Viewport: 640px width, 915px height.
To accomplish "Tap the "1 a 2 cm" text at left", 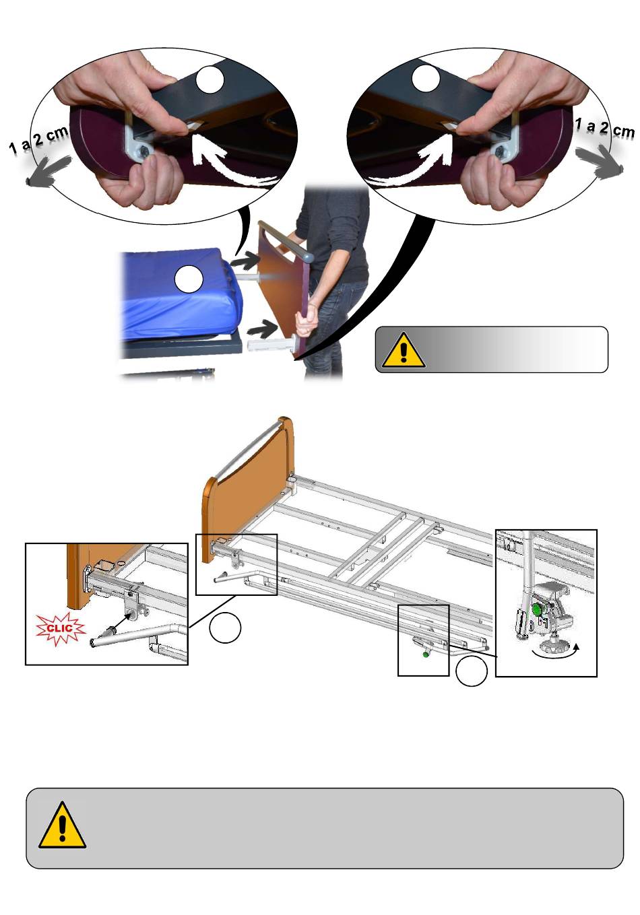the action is tap(39, 141).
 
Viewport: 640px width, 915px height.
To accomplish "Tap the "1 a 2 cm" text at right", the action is tap(604, 127).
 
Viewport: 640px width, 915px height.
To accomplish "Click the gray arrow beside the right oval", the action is tap(600, 164).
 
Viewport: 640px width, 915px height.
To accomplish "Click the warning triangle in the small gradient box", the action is tap(404, 349).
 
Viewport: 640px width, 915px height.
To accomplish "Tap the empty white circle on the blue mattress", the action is tap(189, 279).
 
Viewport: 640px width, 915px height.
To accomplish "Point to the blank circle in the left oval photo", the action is tap(210, 80).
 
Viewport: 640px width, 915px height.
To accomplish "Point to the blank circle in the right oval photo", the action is tap(426, 78).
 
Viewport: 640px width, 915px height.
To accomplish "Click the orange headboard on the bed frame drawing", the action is tap(248, 488).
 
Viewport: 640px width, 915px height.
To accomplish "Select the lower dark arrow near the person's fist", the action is tap(262, 328).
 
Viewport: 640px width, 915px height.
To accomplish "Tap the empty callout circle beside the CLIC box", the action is tap(225, 628).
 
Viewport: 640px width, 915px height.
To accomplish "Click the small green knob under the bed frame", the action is tap(425, 655).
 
